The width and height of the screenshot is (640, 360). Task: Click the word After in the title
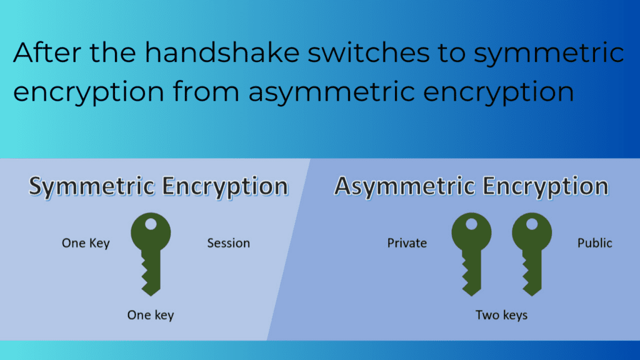point(46,52)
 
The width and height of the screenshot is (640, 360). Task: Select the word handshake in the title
point(222,52)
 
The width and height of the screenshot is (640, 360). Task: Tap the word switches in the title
point(368,52)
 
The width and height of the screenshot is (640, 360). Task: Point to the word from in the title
point(206,91)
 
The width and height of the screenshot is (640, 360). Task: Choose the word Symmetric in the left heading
point(91,187)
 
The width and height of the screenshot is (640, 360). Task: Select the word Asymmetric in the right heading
point(405,187)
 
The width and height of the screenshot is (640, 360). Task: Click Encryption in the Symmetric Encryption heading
point(225,187)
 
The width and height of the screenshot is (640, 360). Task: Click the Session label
point(229,243)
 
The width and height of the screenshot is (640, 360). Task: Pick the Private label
point(407,243)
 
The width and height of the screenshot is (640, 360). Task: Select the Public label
point(595,243)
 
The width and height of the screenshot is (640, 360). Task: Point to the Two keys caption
point(501,315)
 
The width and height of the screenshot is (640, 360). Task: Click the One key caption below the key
point(150,315)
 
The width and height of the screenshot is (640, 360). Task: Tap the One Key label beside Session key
point(86,243)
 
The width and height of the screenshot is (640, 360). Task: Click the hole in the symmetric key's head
point(151,224)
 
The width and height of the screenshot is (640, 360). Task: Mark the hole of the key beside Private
point(471,224)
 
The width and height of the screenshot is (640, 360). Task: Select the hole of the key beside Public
point(532,224)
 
